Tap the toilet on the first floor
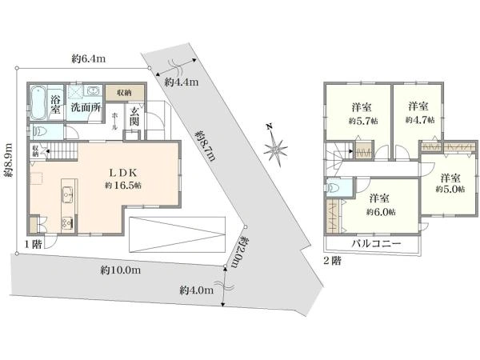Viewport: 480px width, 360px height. [40, 132]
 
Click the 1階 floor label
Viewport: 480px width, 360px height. [33, 244]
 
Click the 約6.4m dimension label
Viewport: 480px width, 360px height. [89, 58]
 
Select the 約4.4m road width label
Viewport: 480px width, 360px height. [181, 82]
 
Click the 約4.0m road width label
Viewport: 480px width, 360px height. [196, 289]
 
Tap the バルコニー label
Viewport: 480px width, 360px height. [374, 244]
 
